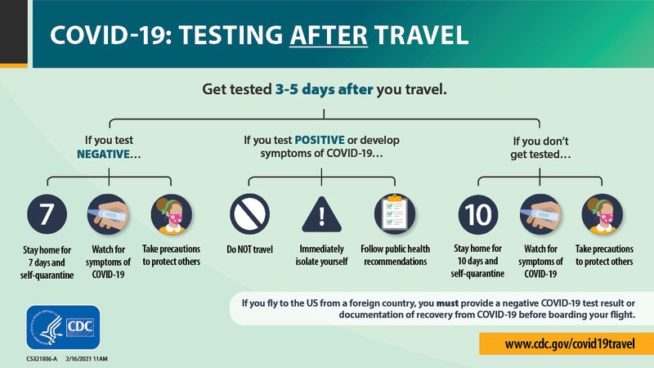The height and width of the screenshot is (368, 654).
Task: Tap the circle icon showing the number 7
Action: [x=47, y=214]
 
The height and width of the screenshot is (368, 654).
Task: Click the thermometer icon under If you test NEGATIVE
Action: [x=108, y=214]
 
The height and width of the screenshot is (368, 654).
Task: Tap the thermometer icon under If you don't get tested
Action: [x=540, y=214]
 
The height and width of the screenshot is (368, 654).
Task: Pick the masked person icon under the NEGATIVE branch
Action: [x=170, y=214]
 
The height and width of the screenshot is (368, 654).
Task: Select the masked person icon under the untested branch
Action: [x=602, y=214]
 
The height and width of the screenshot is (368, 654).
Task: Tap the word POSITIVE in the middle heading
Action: [x=329, y=140]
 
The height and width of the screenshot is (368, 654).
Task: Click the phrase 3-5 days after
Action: [x=324, y=89]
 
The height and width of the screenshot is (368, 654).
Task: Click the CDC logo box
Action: [x=63, y=328]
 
